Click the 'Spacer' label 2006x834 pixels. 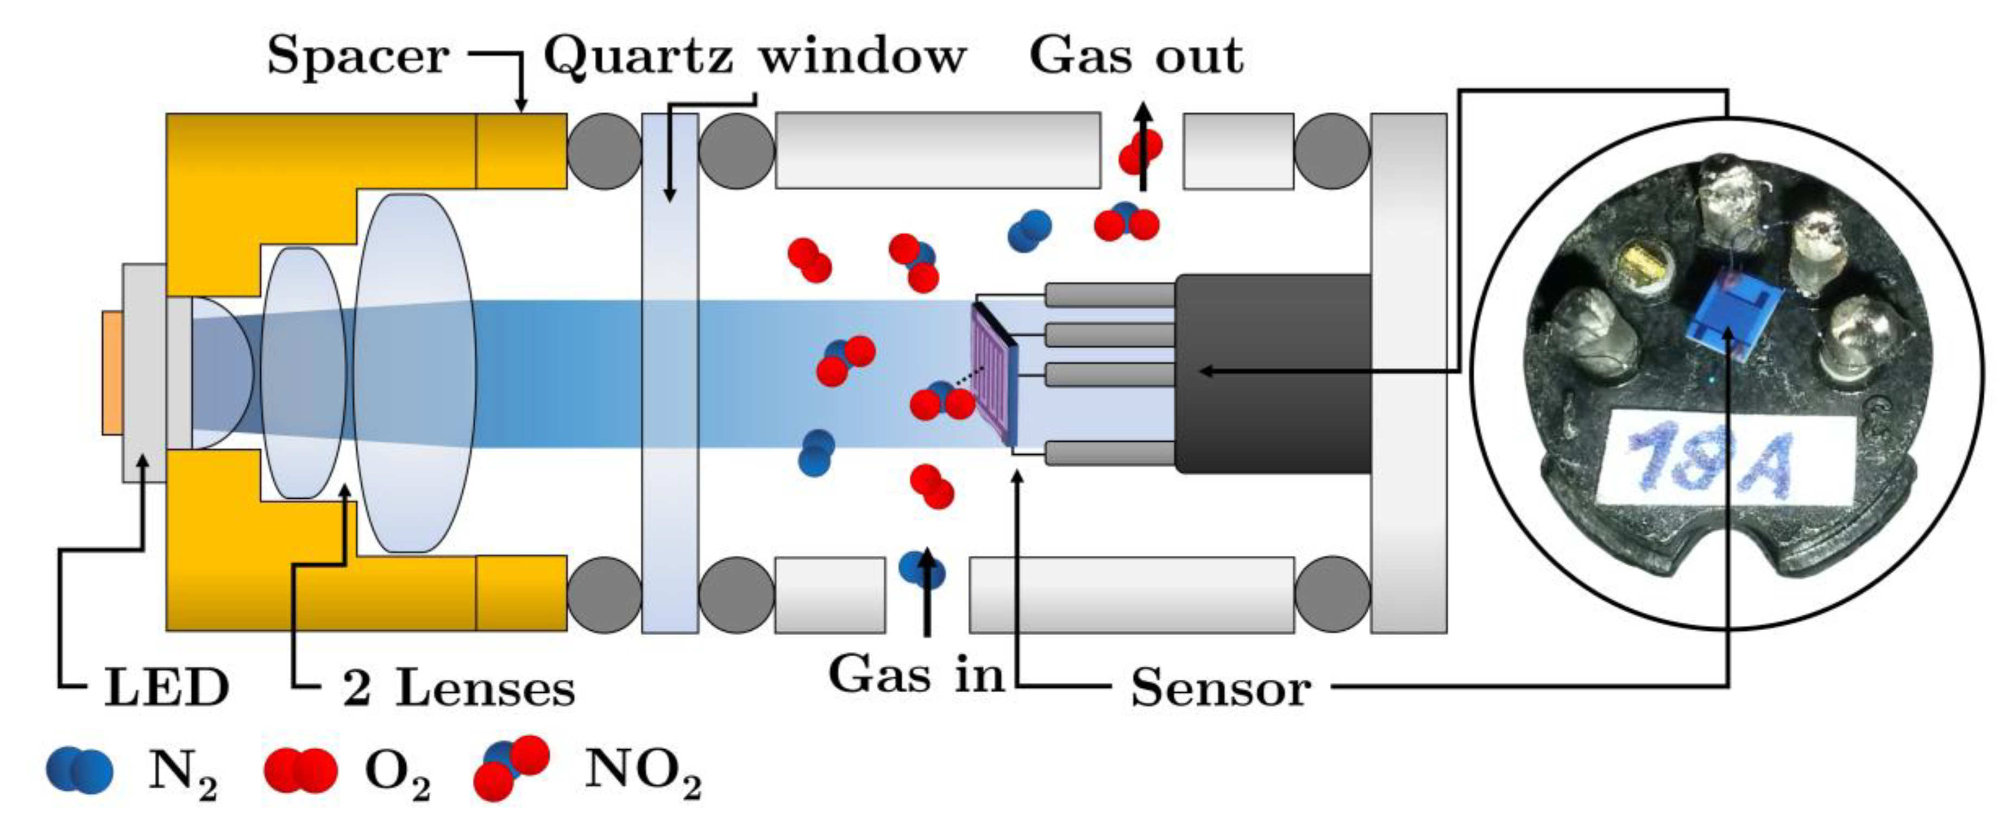coord(357,56)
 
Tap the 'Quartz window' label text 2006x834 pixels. coord(754,56)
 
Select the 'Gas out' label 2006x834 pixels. coord(1135,56)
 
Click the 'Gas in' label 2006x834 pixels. coord(916,674)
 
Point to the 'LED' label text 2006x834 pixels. coord(167,688)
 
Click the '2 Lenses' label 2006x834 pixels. coord(458,688)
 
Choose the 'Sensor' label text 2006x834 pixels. coord(1220,688)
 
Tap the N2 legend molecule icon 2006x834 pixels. coord(79,770)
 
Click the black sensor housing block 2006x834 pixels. coord(1273,374)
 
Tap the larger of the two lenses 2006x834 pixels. coord(414,374)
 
